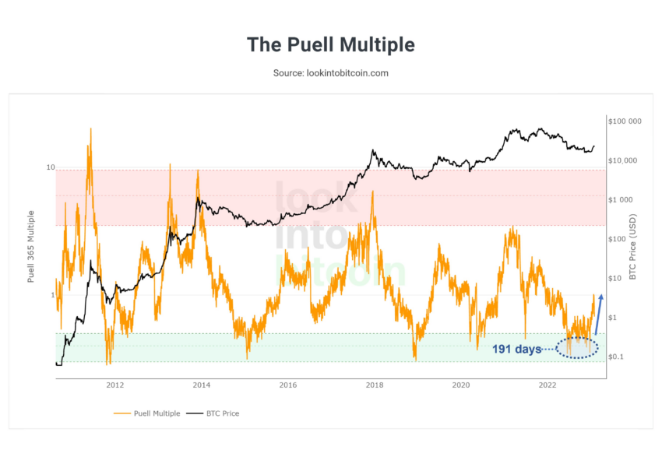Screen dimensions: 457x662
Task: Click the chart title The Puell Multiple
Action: (331, 44)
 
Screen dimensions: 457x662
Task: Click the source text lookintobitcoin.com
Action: (331, 73)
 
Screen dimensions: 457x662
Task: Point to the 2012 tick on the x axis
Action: (115, 385)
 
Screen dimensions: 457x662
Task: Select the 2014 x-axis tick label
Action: (202, 385)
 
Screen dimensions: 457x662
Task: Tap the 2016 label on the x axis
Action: (288, 385)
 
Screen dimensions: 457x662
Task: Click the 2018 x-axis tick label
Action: (375, 385)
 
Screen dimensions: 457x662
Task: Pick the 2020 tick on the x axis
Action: (461, 385)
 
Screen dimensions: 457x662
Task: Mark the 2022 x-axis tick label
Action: (548, 385)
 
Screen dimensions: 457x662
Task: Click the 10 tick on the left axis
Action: (50, 168)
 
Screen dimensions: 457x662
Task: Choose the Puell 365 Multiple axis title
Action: (32, 245)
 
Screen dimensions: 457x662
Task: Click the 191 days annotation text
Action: (516, 350)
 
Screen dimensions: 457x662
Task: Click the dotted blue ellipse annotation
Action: (577, 348)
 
